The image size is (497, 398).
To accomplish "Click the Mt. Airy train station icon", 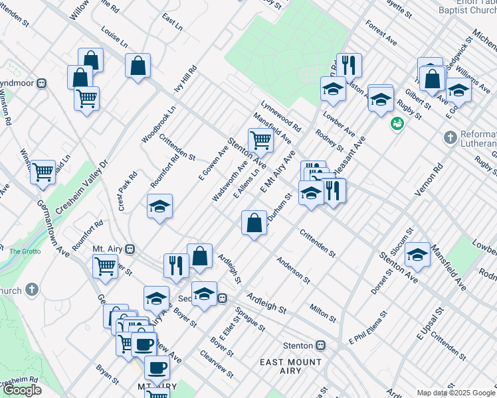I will point(131,249).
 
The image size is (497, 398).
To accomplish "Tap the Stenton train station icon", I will point(321,346).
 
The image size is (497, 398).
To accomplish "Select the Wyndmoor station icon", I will point(41,83).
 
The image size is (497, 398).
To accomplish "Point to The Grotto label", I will point(25,251).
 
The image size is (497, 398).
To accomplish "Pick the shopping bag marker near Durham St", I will point(254,223).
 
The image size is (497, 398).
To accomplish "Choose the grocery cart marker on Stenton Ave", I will point(260,139).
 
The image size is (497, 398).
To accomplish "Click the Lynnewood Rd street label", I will point(281,115).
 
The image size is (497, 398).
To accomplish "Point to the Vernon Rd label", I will point(429,180).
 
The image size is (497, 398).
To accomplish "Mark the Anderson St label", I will point(294,269).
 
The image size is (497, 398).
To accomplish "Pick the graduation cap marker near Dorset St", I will point(417,255).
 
